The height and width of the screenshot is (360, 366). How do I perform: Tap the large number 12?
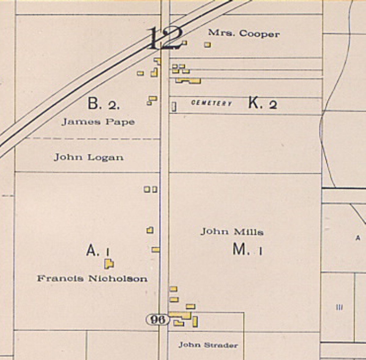click(x=165, y=38)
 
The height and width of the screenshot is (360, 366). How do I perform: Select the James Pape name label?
click(x=98, y=122)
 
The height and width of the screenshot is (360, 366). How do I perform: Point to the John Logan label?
click(x=89, y=157)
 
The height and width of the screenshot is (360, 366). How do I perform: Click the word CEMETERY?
click(x=211, y=103)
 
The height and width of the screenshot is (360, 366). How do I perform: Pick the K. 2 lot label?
click(x=263, y=104)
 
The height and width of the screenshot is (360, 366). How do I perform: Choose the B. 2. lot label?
click(x=103, y=104)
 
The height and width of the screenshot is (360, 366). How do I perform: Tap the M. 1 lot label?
click(x=248, y=250)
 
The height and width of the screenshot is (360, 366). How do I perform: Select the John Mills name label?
click(x=232, y=232)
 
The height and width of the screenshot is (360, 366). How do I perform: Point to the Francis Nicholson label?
click(x=92, y=279)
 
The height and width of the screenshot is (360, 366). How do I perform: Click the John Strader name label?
click(x=208, y=345)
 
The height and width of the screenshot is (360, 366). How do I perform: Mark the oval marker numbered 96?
click(x=157, y=320)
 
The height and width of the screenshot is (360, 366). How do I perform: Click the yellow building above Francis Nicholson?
click(x=109, y=264)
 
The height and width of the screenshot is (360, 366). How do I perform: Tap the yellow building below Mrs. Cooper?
click(x=207, y=45)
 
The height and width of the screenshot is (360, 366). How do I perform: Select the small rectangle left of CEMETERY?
click(x=174, y=107)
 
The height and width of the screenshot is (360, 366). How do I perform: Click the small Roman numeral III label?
click(x=339, y=307)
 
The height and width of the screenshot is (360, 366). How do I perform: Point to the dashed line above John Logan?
click(x=91, y=139)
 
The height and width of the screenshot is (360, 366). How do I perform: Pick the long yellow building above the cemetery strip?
click(x=188, y=81)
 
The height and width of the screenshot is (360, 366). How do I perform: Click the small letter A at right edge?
click(x=358, y=238)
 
